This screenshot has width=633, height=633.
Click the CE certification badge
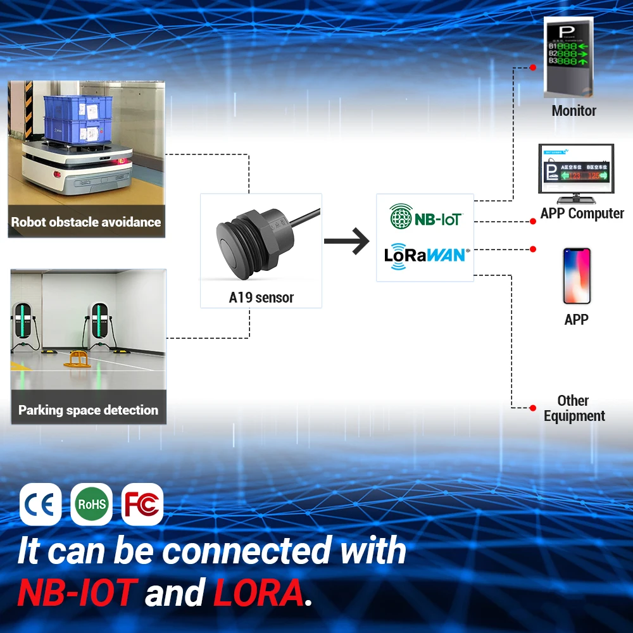click(x=41, y=505)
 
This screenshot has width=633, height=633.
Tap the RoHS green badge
click(x=91, y=505)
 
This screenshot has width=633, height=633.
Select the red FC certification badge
click(x=142, y=505)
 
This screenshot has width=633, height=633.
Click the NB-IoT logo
click(x=425, y=218)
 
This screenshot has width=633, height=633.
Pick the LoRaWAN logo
click(x=425, y=254)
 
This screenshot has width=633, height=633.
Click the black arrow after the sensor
click(x=346, y=241)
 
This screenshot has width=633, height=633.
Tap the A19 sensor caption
click(x=261, y=298)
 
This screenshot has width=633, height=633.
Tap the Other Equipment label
click(x=573, y=408)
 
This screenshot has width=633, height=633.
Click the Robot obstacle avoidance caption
click(x=86, y=222)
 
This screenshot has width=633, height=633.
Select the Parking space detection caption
click(x=88, y=410)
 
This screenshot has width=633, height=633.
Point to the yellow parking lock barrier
click(x=77, y=360)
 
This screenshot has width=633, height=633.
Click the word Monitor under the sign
click(x=573, y=111)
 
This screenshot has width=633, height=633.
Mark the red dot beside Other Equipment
click(x=533, y=408)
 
